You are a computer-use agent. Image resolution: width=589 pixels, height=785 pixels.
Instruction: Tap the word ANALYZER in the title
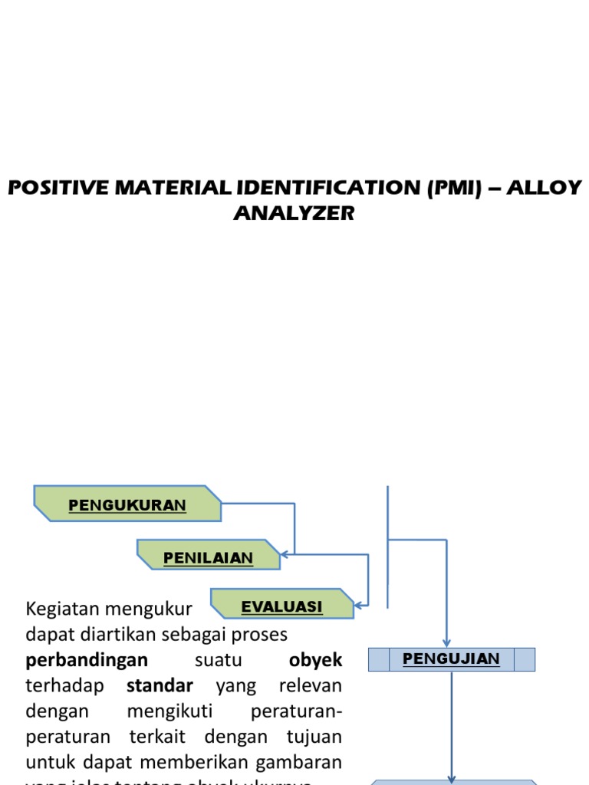pos(294,213)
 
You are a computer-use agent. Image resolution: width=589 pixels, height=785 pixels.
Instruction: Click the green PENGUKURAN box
pos(127,504)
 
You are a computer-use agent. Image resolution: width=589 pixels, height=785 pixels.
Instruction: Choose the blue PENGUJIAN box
pos(451,659)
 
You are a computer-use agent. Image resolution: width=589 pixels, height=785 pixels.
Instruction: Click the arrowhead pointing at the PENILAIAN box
pos(285,554)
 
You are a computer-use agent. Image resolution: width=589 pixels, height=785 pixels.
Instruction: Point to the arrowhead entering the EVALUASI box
pos(358,603)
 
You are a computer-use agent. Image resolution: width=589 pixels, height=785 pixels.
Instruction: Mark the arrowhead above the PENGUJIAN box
pos(446,643)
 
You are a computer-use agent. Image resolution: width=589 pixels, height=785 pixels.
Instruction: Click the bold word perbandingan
pos(87,660)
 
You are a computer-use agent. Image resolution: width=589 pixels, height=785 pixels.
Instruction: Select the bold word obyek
pos(315,660)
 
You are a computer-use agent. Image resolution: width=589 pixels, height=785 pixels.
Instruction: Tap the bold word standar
pos(160,685)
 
